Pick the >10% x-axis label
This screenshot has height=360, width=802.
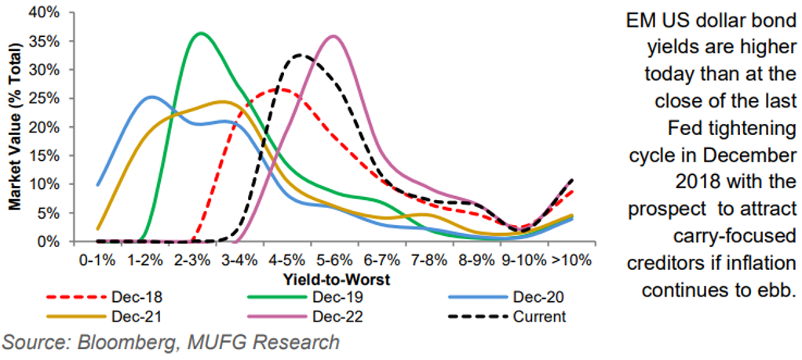pyautogui.click(x=571, y=258)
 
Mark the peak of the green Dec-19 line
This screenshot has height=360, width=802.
pyautogui.click(x=201, y=33)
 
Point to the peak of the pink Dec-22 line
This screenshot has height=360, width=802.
pyautogui.click(x=334, y=35)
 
